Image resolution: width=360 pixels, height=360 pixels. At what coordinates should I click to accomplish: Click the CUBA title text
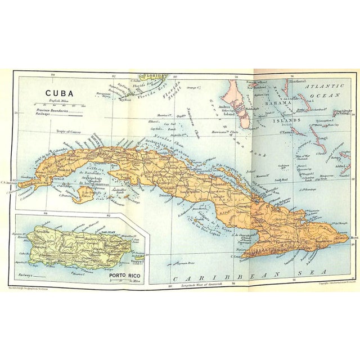click(x=59, y=93)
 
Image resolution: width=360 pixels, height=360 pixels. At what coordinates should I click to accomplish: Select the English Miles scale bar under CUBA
click(x=58, y=105)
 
